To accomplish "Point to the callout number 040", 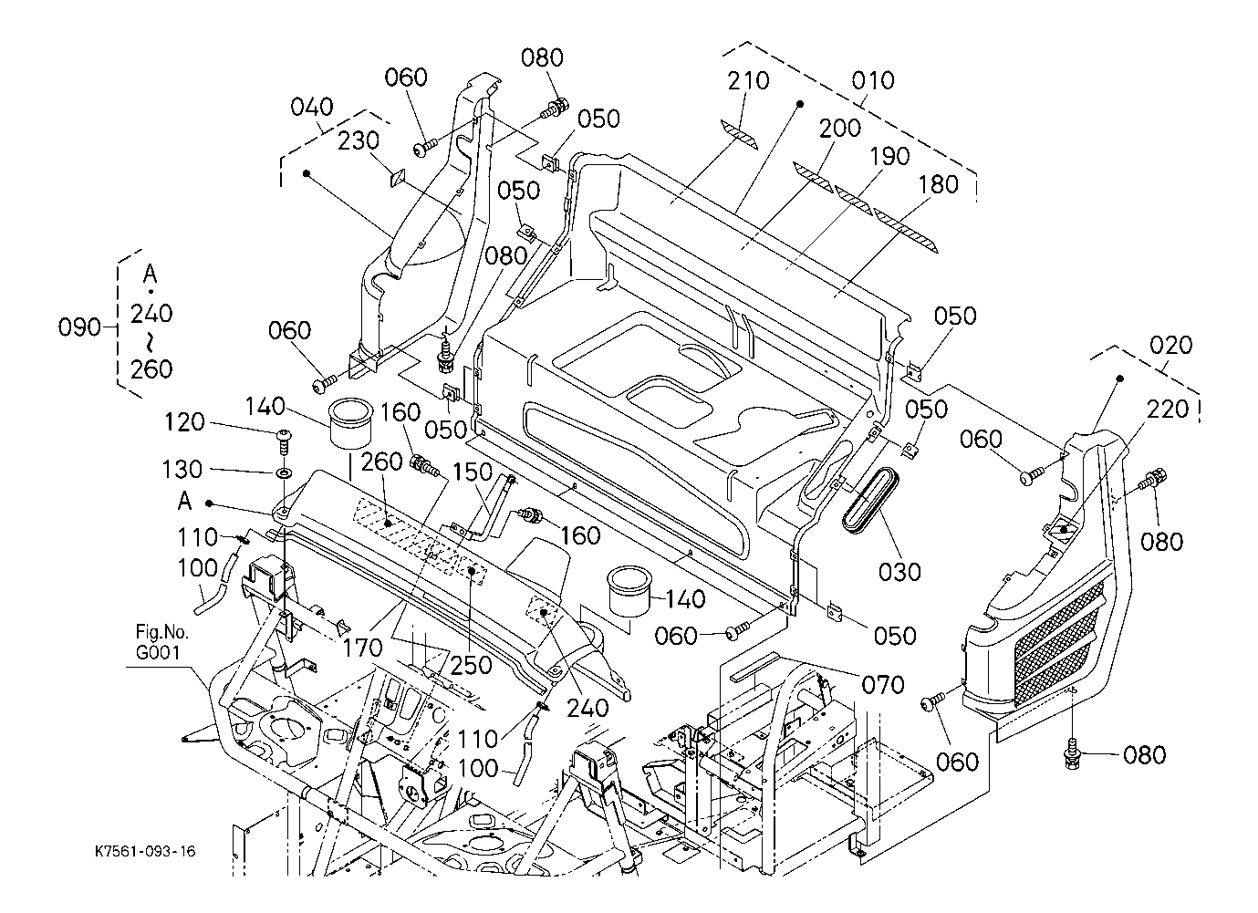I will (312, 108).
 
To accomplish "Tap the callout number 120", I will (185, 422).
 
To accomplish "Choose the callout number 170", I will (364, 648).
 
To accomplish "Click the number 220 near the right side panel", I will (1169, 410).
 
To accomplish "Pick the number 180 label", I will (939, 183).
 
